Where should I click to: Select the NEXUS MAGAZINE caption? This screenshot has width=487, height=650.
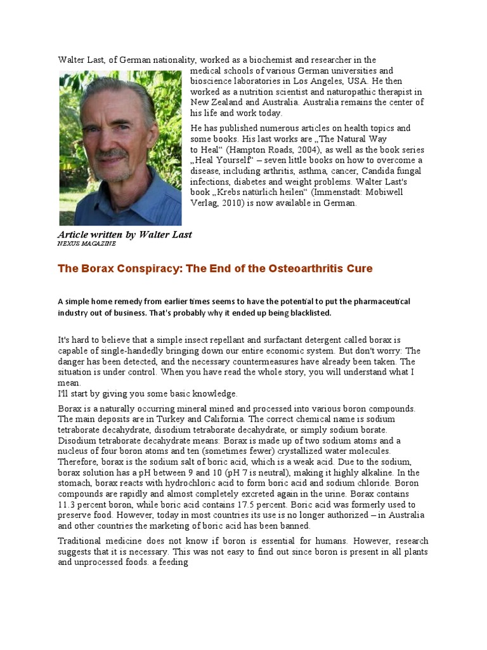(87, 244)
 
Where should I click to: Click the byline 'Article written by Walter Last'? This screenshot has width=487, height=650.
(125, 235)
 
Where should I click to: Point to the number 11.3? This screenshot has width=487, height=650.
(68, 504)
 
